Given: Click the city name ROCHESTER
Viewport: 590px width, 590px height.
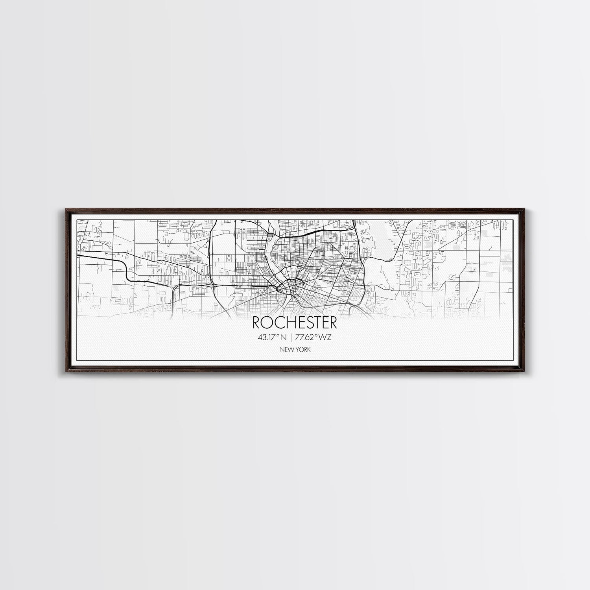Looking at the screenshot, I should click(x=295, y=323).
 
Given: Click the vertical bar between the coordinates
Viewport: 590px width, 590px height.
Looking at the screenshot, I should click(x=290, y=337).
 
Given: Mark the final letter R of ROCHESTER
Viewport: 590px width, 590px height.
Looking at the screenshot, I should click(x=333, y=323).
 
